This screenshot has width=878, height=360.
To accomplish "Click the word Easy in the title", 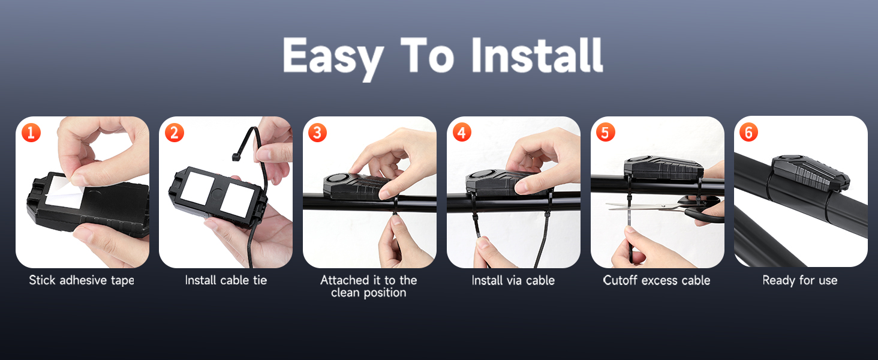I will [333, 56].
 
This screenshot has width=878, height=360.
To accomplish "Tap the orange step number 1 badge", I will [31, 132].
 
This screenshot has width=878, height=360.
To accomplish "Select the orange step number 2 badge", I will [174, 132].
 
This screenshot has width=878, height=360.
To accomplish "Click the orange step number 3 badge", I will [318, 132].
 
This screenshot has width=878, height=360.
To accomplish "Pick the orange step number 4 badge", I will [462, 132].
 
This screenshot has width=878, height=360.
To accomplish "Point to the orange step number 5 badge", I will [605, 132].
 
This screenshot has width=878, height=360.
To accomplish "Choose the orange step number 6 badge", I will [748, 132].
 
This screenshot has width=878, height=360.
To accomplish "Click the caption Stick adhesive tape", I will [82, 280].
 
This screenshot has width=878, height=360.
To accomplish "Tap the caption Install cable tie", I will [225, 280].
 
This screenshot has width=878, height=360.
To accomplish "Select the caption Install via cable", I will [513, 280].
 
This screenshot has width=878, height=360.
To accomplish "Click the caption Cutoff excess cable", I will [657, 280].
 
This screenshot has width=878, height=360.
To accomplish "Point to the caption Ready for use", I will [800, 280].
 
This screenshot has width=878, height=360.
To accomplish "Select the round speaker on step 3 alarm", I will [334, 179].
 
